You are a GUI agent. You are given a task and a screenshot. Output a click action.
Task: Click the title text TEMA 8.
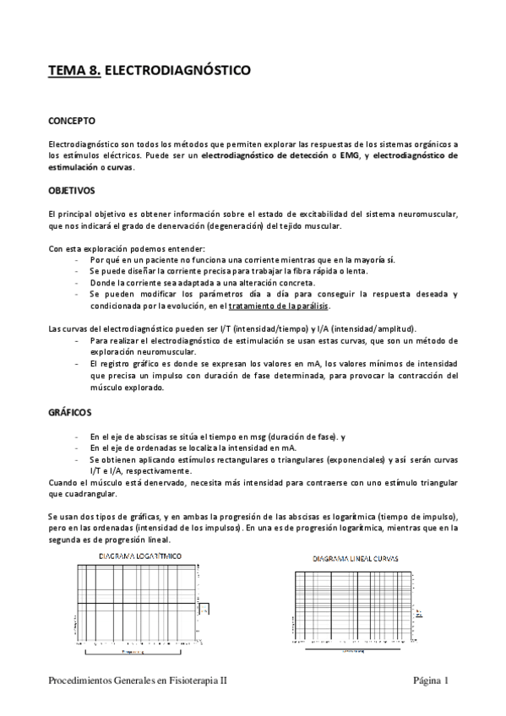(x=73, y=73)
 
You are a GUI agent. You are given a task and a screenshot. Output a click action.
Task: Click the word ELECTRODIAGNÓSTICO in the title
(x=177, y=73)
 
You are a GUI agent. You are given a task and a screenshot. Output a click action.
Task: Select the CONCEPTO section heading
(x=72, y=122)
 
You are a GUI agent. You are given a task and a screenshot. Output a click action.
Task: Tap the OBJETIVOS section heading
(x=72, y=191)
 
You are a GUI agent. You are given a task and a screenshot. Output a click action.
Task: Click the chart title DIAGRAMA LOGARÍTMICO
(x=139, y=556)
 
